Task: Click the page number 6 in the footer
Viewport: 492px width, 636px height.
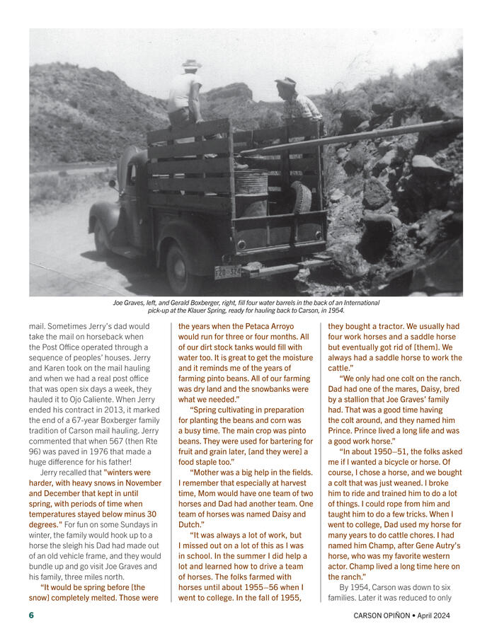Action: (x=31, y=615)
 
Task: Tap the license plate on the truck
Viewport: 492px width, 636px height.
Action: (x=227, y=272)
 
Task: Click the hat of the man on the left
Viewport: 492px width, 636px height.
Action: (x=191, y=64)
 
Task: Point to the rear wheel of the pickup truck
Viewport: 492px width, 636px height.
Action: (x=178, y=268)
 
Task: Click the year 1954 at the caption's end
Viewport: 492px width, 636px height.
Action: (x=336, y=311)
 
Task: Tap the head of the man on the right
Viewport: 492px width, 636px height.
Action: (x=286, y=86)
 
